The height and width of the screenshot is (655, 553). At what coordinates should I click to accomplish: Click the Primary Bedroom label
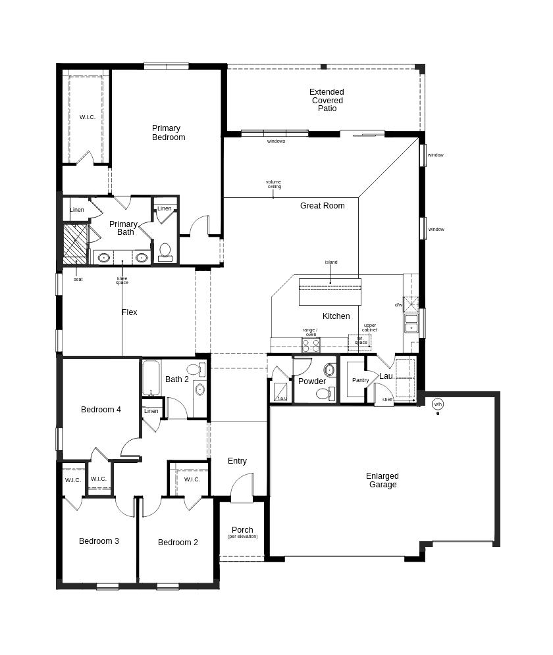click(x=169, y=133)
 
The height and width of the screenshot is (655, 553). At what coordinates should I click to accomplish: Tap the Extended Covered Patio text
click(x=327, y=101)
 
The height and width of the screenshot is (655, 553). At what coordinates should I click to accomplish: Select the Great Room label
click(x=323, y=206)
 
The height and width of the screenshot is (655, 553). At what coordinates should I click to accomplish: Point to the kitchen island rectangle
click(x=330, y=292)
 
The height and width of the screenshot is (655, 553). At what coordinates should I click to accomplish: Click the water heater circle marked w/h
click(x=438, y=404)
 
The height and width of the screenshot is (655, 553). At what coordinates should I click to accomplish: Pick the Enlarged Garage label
click(x=382, y=481)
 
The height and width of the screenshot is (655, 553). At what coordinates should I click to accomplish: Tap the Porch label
click(x=242, y=530)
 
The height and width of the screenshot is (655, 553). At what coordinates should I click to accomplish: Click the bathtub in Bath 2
click(x=151, y=377)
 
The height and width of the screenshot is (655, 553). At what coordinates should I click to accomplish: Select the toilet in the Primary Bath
click(x=165, y=251)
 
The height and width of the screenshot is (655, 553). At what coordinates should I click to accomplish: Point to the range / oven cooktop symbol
click(x=311, y=345)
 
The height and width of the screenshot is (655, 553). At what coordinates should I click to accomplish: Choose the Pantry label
click(x=360, y=380)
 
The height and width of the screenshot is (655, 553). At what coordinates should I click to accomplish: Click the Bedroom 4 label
click(x=101, y=410)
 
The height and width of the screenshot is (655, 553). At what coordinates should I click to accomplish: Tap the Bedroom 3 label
click(x=99, y=541)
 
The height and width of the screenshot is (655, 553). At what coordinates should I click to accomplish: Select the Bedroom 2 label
click(x=178, y=543)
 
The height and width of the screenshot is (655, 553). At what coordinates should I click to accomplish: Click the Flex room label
click(x=130, y=312)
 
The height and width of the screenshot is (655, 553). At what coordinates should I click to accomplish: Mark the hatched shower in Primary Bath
click(x=75, y=243)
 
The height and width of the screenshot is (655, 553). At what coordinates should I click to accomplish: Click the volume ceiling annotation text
click(x=274, y=184)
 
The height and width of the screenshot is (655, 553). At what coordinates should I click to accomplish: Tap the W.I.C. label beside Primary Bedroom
click(x=88, y=117)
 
